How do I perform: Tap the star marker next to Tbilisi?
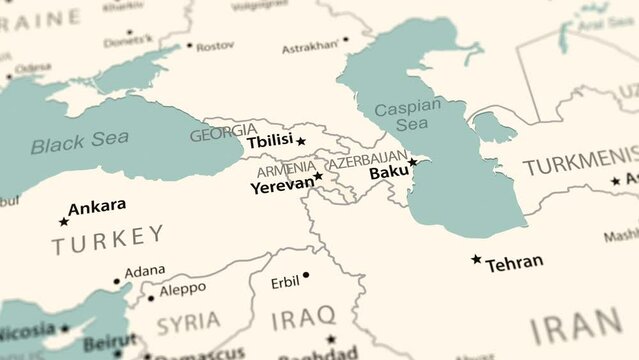point(301,141)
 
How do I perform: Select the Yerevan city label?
point(281,186)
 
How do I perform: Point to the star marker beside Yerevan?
point(319,176)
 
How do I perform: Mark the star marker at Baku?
point(412,162)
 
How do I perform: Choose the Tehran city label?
point(514,263)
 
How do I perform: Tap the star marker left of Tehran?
point(476,259)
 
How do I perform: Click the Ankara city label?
point(97,206)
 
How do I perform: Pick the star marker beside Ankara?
point(64,221)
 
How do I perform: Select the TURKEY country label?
point(109,238)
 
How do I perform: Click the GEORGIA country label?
point(223,133)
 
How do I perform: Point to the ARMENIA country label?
point(285,168)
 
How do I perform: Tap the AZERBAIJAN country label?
point(368,159)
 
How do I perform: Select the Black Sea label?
point(79,142)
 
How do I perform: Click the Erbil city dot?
point(306,275)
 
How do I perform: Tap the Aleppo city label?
point(183,288)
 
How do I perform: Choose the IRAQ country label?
point(303,318)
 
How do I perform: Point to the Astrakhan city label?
point(310,46)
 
